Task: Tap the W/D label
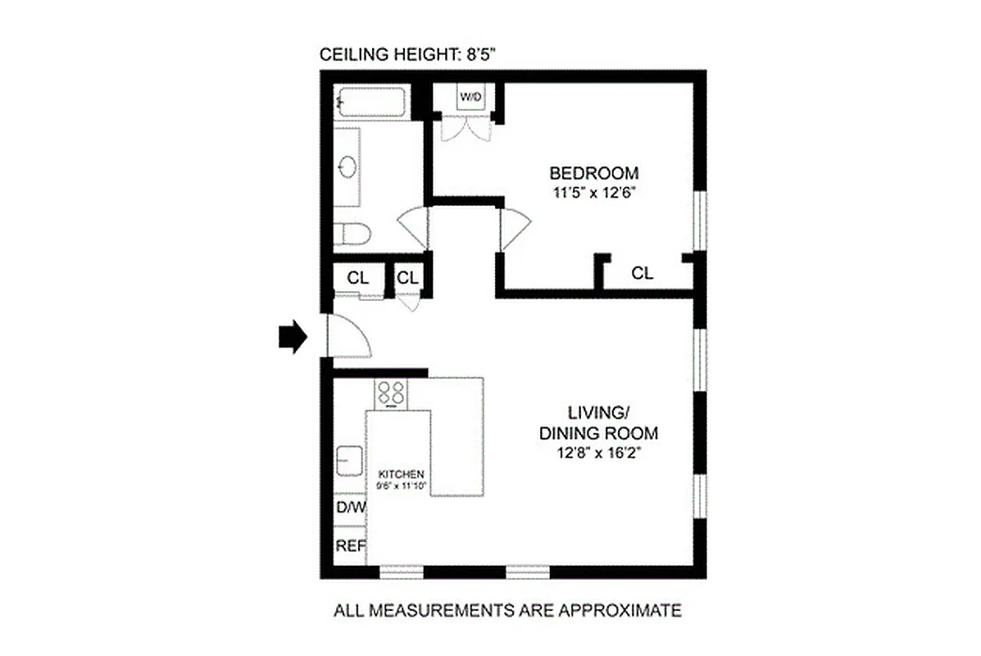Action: click(470, 98)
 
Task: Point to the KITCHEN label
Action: click(401, 475)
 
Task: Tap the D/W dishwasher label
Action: click(351, 508)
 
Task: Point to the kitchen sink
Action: click(347, 459)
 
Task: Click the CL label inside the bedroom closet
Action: click(643, 274)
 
